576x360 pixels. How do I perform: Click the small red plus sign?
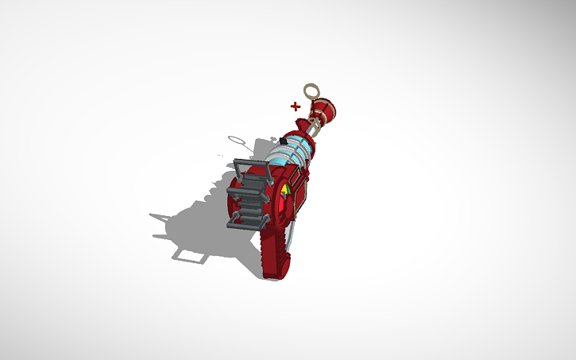pos(296,106)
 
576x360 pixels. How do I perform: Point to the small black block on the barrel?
pos(282,142)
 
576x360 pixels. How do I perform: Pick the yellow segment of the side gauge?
pos(284,191)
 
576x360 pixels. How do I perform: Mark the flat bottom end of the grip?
pos(271,276)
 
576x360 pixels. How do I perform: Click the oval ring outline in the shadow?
pos(236,140)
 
